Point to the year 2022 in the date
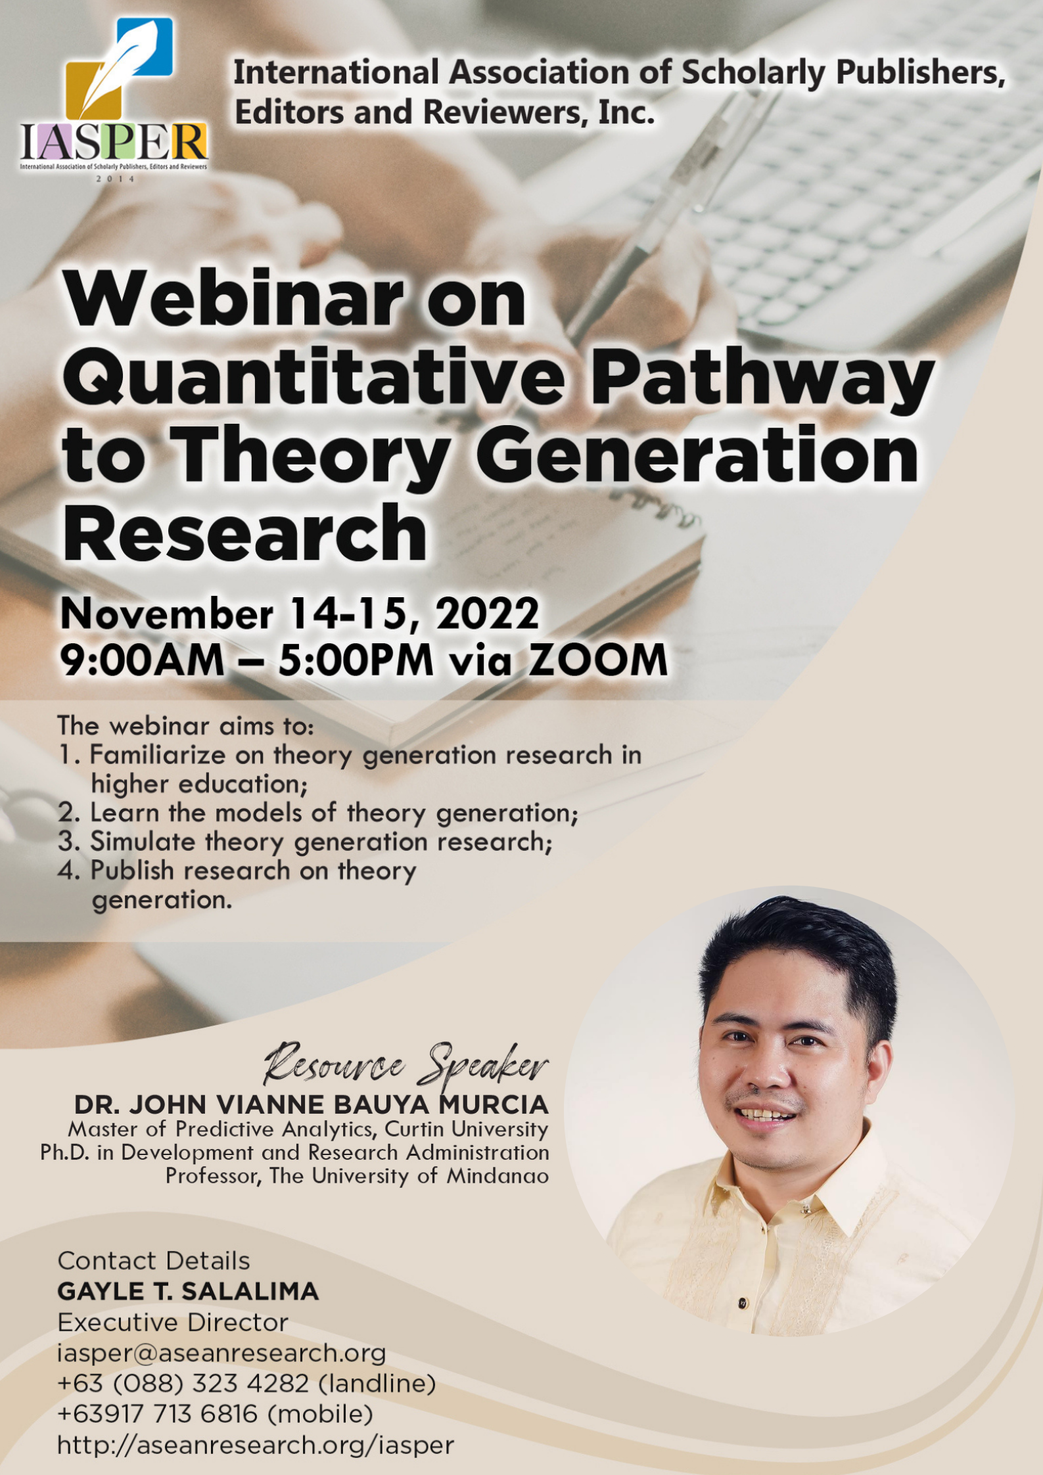pos(487,614)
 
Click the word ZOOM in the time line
pos(598,660)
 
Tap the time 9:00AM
pos(142,660)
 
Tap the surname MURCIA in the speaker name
pos(493,1105)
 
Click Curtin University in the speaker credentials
pos(466,1129)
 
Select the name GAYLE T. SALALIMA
pos(188,1292)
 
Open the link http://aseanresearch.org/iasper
pos(256,1445)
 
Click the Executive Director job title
pos(173,1323)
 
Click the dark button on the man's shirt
pos(742,1304)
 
